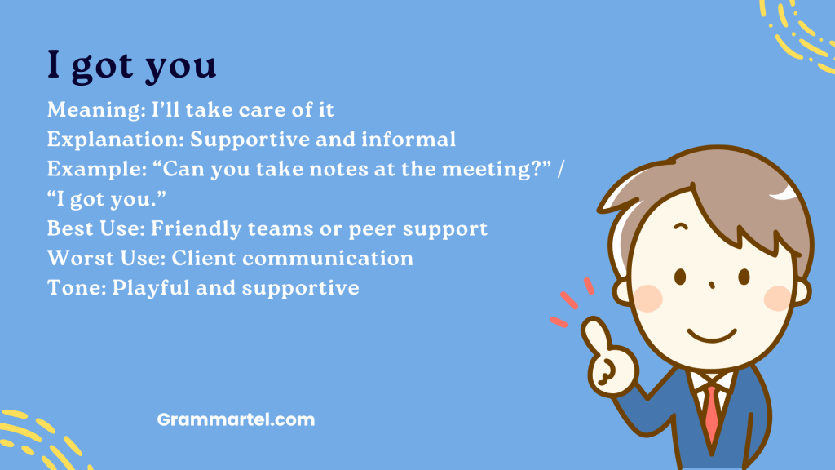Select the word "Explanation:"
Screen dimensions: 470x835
click(115, 140)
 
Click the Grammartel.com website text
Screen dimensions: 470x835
click(236, 420)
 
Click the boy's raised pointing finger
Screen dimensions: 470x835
click(594, 330)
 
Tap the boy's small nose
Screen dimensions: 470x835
click(712, 286)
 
